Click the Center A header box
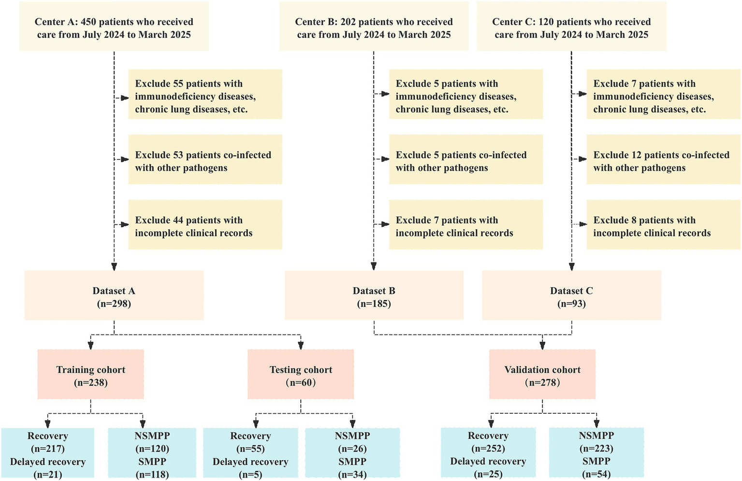point(114,28)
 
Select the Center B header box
point(374,28)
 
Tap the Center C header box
point(571,28)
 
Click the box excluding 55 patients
point(205,96)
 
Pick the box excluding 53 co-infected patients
point(205,161)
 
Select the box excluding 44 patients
point(205,226)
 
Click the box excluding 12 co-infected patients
point(663,161)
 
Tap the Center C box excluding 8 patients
point(663,226)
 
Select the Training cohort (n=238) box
point(91,376)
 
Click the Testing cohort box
point(301,376)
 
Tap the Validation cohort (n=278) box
point(542,376)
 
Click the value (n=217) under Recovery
point(47,449)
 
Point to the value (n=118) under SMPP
point(152,474)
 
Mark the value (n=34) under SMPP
point(352,474)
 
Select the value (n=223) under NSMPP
point(596,449)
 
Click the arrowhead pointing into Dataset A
point(114,266)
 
